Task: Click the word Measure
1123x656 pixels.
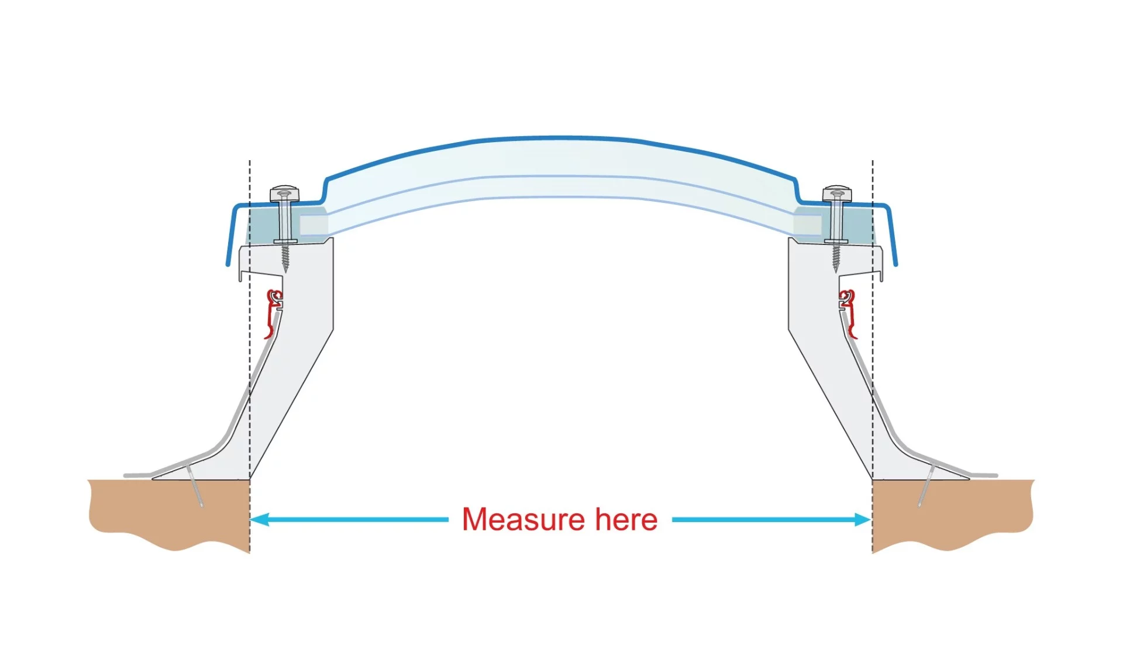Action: [523, 519]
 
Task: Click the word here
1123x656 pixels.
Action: [626, 519]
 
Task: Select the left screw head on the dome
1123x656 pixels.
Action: [284, 193]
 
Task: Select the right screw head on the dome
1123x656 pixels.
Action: [837, 193]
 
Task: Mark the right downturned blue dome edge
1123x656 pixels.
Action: [893, 240]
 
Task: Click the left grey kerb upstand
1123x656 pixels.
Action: [292, 362]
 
